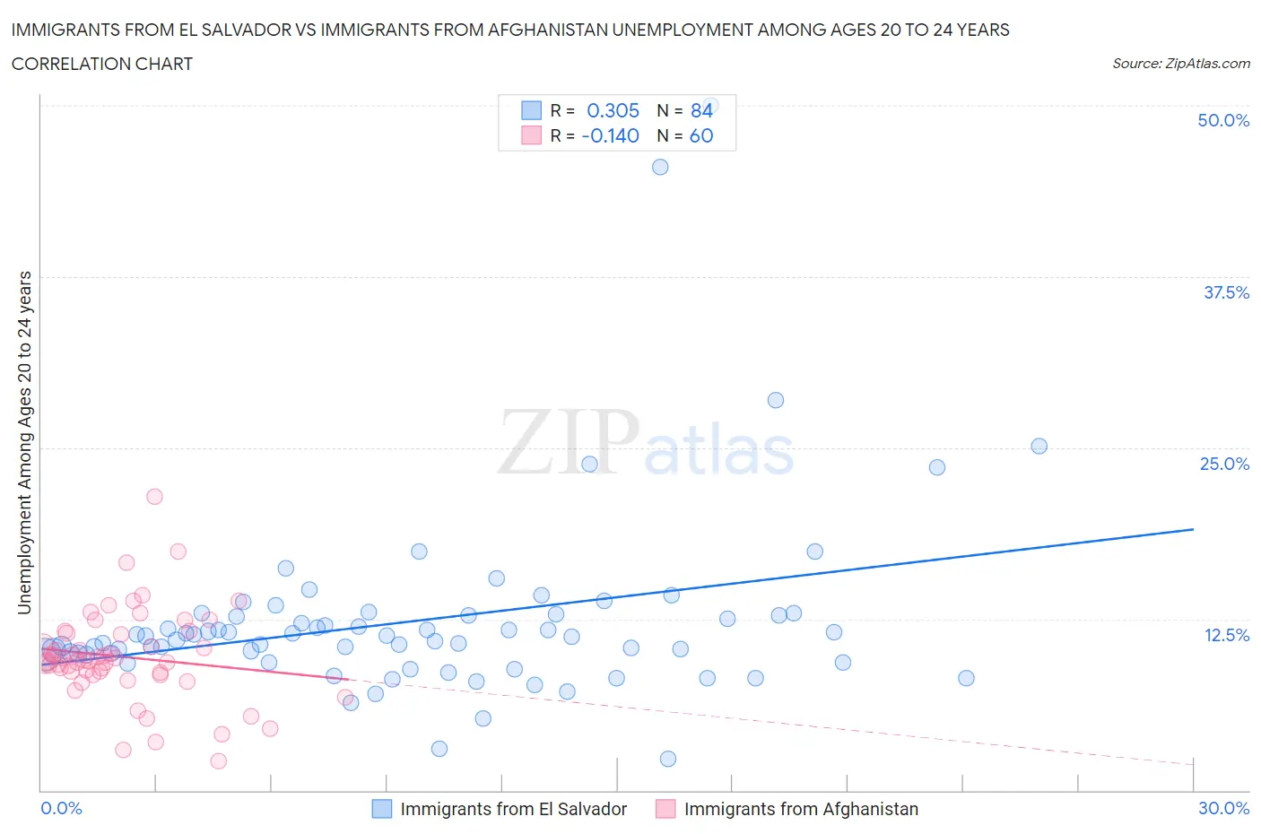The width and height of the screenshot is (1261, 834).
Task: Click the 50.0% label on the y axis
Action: [x=1222, y=120]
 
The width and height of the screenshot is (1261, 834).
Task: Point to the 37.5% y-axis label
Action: [x=1225, y=292]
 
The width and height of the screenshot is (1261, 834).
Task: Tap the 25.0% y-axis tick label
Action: [x=1224, y=464]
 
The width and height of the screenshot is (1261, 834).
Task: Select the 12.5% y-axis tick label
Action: [x=1225, y=635]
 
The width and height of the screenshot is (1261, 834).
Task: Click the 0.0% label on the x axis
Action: [x=61, y=808]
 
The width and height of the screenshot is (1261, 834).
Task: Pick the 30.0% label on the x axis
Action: [x=1223, y=808]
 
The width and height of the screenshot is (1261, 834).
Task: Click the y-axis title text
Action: [x=24, y=443]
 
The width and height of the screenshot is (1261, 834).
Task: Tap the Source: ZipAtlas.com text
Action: [x=1180, y=64]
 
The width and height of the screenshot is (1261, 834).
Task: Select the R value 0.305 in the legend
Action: [x=613, y=110]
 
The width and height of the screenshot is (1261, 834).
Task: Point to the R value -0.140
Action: [x=610, y=135]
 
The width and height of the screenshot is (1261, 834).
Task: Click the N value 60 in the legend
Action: [x=701, y=135]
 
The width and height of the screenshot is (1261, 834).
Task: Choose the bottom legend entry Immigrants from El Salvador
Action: [x=513, y=809]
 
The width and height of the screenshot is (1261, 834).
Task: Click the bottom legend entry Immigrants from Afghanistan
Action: [x=801, y=809]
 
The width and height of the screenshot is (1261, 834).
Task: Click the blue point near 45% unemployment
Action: [x=660, y=167]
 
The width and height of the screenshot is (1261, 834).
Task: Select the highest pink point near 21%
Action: [x=154, y=496]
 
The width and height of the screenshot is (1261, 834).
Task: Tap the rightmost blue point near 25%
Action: [x=1039, y=446]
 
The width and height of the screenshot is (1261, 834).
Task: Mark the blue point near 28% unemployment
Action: [x=776, y=400]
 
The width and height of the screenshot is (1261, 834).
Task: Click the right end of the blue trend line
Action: [x=1193, y=529]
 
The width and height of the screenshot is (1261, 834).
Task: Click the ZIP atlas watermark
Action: [x=646, y=443]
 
